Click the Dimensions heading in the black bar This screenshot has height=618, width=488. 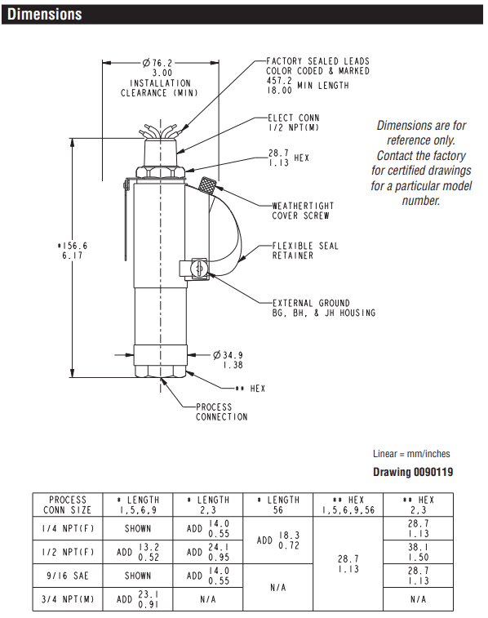click(x=45, y=14)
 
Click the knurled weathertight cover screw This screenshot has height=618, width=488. click(x=206, y=185)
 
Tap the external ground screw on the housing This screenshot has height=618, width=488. click(x=199, y=269)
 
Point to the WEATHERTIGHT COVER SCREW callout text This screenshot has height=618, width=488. click(x=303, y=211)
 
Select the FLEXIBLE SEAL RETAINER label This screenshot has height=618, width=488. click(x=305, y=251)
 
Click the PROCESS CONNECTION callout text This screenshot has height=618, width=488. click(x=222, y=412)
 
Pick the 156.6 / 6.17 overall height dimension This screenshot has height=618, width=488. click(x=73, y=251)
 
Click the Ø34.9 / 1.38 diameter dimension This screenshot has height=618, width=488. click(x=228, y=360)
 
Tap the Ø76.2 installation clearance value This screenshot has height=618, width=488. click(x=157, y=68)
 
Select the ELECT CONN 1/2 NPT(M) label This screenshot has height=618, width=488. click(x=294, y=122)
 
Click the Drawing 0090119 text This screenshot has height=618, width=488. click(x=413, y=472)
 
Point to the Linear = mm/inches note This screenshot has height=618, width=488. click(x=411, y=454)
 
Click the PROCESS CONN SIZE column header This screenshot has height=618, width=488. click(x=68, y=505)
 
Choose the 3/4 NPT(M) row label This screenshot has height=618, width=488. click(x=68, y=599)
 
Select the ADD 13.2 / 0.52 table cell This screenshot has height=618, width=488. click(x=138, y=552)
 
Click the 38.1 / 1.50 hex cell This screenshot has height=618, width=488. click(x=419, y=552)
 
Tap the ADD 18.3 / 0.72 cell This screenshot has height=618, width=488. click(x=278, y=540)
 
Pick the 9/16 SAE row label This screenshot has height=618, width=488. click(x=68, y=576)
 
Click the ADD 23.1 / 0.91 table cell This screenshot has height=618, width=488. click(x=138, y=599)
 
